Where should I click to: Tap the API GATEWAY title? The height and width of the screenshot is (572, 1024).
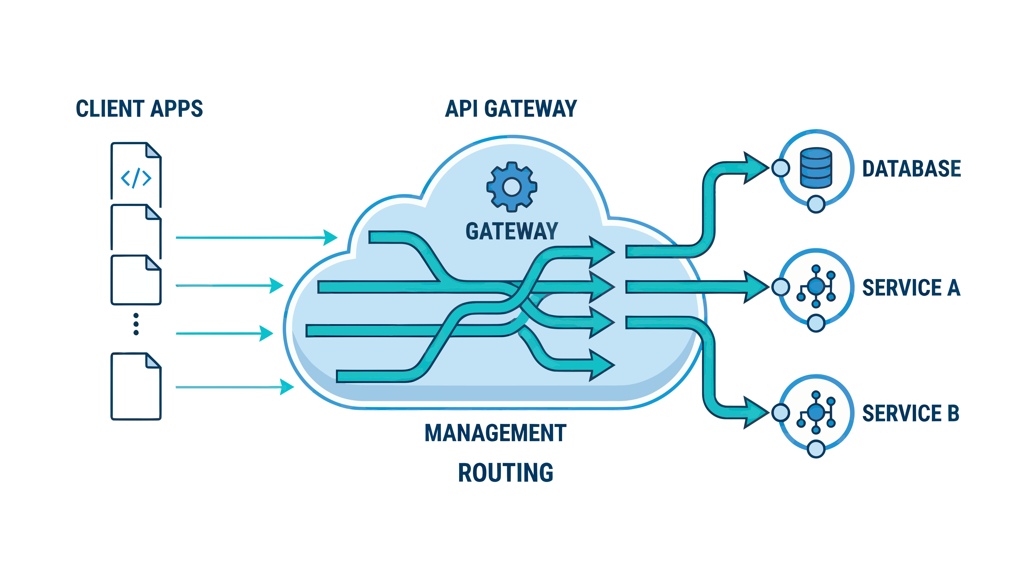[x=511, y=109]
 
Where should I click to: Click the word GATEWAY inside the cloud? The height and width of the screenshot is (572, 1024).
[x=512, y=231]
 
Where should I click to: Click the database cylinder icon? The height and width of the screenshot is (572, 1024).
[x=816, y=168]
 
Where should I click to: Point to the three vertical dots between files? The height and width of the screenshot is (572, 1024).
[x=136, y=324]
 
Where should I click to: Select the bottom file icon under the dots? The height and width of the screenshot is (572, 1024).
[x=136, y=386]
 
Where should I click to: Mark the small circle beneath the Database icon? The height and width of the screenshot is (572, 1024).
[x=816, y=204]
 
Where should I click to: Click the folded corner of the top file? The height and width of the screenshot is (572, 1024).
[x=154, y=150]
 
